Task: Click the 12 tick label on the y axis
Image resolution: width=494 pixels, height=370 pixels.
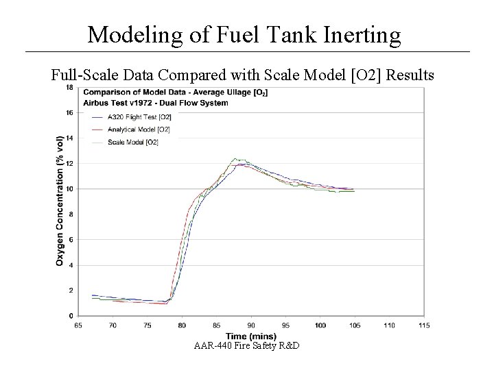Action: pos(71,164)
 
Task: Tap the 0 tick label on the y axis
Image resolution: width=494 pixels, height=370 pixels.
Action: pos(72,315)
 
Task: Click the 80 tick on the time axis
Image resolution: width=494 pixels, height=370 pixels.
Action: pos(182,324)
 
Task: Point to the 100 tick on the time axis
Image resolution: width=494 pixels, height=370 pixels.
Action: pos(320,324)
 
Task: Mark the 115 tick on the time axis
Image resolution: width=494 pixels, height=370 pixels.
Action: pos(423,324)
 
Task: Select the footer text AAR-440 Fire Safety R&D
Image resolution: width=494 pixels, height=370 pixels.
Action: pos(248,345)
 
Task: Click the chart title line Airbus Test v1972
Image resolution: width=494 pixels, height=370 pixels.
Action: pos(156,102)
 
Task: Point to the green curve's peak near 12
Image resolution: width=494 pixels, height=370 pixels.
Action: pos(235,159)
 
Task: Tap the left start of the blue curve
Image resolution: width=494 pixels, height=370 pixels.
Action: pos(92,295)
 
